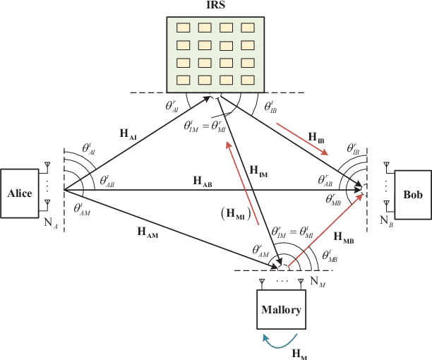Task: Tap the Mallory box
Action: (282, 309)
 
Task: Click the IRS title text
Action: (215, 6)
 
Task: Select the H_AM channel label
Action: (147, 231)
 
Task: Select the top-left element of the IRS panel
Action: (184, 29)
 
